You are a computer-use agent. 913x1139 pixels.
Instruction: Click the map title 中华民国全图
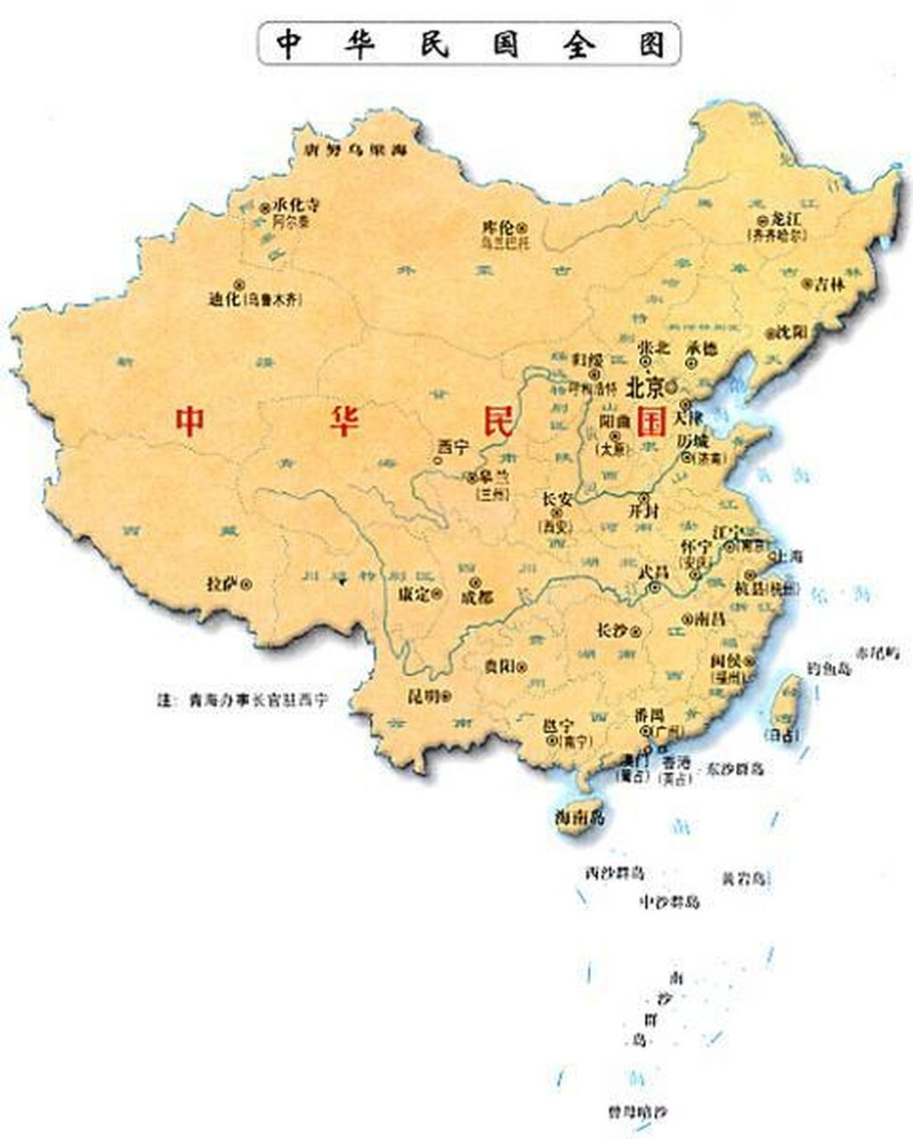[x=469, y=44]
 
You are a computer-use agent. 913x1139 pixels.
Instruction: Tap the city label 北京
[x=645, y=387]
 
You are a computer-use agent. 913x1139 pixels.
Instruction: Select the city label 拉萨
[x=222, y=584]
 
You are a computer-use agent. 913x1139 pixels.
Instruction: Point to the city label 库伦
[x=499, y=226]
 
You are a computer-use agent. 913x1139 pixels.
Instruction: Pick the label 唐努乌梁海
[x=354, y=150]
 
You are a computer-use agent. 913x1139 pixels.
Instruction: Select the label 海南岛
[x=579, y=816]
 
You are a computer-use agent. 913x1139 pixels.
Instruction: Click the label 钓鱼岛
[x=828, y=668]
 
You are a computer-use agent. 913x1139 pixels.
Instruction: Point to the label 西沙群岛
[x=614, y=872]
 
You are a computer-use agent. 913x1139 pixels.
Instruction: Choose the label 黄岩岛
[x=743, y=879]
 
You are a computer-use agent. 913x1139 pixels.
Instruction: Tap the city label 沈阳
[x=791, y=332]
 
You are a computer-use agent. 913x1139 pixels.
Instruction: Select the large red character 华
[x=343, y=420]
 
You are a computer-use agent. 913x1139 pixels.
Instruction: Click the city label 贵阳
[x=499, y=666]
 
